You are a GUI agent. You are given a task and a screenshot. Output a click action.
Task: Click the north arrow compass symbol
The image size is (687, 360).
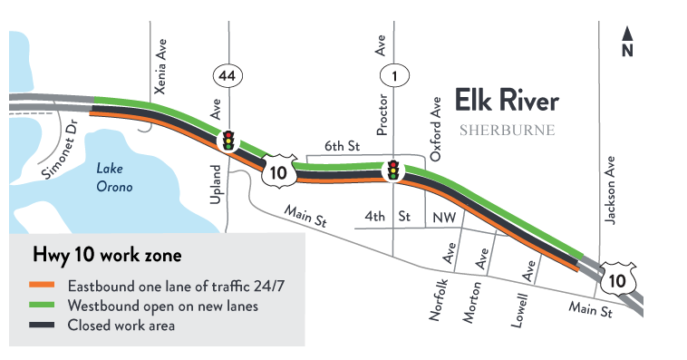pos(626,43)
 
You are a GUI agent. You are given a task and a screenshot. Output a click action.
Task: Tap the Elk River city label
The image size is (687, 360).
pos(507,101)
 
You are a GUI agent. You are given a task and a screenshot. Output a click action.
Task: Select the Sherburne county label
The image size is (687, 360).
pos(507,130)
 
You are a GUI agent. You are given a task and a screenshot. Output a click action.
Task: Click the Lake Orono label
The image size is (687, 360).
pos(114,178)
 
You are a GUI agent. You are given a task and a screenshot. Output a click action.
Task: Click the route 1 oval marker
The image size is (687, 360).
pos(394,76)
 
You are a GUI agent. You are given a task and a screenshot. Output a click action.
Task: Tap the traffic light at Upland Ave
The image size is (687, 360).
pos(229,140)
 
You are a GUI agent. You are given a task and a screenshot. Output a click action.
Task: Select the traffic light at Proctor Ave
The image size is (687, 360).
pos(394,170)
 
